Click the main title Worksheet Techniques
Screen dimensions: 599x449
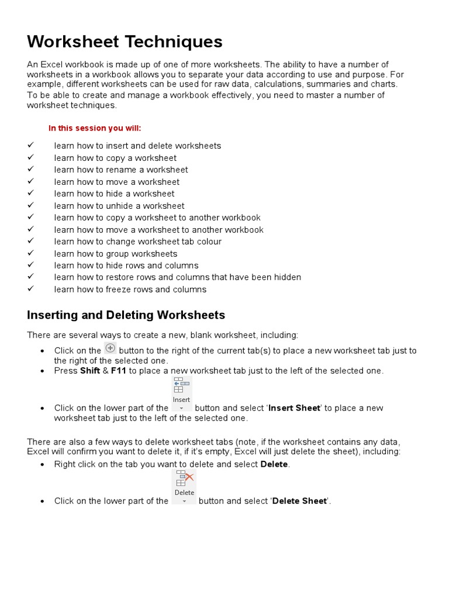(125, 42)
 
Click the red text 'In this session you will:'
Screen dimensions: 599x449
(95, 128)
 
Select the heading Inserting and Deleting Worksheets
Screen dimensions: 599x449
(126, 315)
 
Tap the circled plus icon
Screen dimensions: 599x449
(110, 348)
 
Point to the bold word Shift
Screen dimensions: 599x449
(89, 371)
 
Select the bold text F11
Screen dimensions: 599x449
(119, 371)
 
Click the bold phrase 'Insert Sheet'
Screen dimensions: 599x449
(294, 408)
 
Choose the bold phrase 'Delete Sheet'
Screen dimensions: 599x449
(299, 501)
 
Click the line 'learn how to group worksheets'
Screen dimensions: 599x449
(116, 254)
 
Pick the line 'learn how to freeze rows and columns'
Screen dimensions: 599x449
(130, 290)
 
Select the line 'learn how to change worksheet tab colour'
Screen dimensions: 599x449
(138, 242)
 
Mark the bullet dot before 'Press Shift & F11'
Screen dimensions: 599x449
(43, 371)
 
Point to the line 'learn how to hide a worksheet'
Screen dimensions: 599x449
(114, 194)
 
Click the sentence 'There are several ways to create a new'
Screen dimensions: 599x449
(163, 335)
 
